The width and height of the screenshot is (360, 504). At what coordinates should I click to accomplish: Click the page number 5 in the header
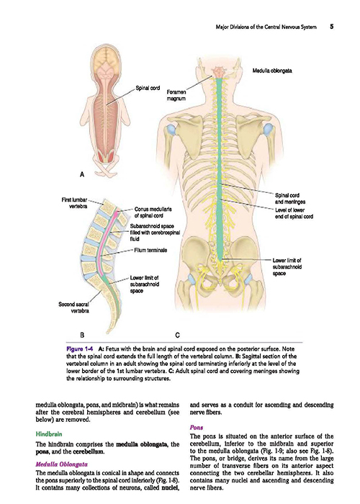(331, 27)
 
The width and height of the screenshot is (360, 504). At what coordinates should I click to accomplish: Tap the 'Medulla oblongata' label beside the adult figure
(272, 71)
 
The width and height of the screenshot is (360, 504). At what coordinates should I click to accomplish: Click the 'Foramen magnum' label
(176, 96)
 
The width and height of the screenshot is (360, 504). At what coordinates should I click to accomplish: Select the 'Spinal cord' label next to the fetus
(148, 88)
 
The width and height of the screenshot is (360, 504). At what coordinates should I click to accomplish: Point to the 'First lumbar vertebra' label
(74, 203)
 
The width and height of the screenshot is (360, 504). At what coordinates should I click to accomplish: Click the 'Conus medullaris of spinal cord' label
(153, 212)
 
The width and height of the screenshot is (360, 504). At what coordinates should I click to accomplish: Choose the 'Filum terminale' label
(150, 250)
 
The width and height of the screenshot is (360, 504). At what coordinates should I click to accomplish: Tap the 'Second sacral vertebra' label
(73, 307)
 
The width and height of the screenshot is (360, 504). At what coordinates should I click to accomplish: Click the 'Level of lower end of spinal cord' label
(294, 213)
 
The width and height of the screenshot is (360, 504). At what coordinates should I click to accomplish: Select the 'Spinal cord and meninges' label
(290, 198)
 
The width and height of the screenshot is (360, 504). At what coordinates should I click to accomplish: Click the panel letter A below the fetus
(82, 174)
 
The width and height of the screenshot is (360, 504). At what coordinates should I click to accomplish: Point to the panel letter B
(82, 336)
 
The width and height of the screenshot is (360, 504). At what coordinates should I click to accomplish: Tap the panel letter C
(177, 336)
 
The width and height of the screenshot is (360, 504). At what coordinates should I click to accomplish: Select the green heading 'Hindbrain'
(49, 434)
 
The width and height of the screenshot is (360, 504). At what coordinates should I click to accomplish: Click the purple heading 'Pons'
(197, 428)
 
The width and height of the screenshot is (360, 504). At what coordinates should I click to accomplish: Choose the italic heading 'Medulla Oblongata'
(61, 464)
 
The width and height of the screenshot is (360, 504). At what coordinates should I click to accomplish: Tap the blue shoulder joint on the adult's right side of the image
(268, 130)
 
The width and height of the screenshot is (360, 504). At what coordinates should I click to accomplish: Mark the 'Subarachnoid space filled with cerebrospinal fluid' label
(155, 233)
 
